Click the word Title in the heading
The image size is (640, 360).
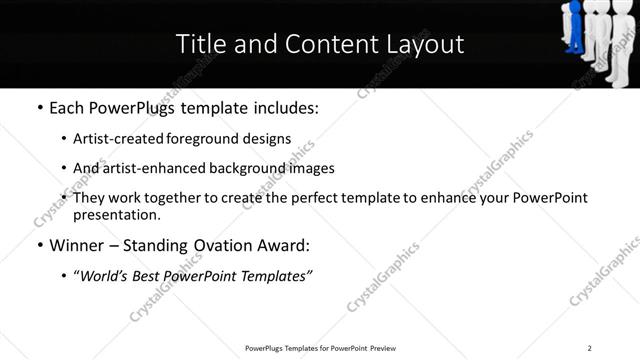pos(198,44)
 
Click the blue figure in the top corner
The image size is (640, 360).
pos(573,29)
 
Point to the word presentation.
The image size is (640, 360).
pos(116,214)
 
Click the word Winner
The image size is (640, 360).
pos(78,245)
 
